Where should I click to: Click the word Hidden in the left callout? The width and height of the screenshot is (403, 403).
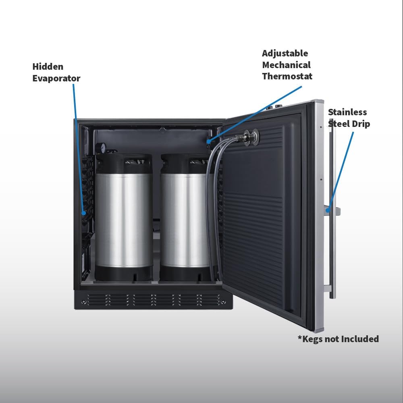pyautogui.click(x=48, y=66)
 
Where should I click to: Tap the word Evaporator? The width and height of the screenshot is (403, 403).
pyautogui.click(x=56, y=78)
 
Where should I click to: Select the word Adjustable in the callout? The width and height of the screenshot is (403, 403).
pyautogui.click(x=285, y=54)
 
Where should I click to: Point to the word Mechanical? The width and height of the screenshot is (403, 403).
pyautogui.click(x=286, y=65)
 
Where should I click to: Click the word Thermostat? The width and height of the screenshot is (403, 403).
pyautogui.click(x=287, y=76)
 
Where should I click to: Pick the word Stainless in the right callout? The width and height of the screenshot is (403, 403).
pyautogui.click(x=347, y=112)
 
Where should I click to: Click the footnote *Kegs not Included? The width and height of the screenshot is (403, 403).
pyautogui.click(x=338, y=339)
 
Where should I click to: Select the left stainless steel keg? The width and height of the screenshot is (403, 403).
pyautogui.click(x=124, y=217)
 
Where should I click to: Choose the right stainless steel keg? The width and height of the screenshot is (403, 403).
pyautogui.click(x=185, y=217)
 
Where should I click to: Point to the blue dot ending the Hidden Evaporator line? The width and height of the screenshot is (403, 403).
pyautogui.click(x=83, y=213)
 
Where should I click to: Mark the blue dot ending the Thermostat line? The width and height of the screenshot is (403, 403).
pyautogui.click(x=208, y=141)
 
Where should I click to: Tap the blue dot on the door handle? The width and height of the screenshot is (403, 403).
pyautogui.click(x=328, y=210)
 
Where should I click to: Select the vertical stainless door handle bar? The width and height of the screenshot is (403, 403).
pyautogui.click(x=332, y=211)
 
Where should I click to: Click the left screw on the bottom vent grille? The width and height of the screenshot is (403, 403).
pyautogui.click(x=83, y=301)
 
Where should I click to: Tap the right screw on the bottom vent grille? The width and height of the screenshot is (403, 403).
pyautogui.click(x=223, y=301)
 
